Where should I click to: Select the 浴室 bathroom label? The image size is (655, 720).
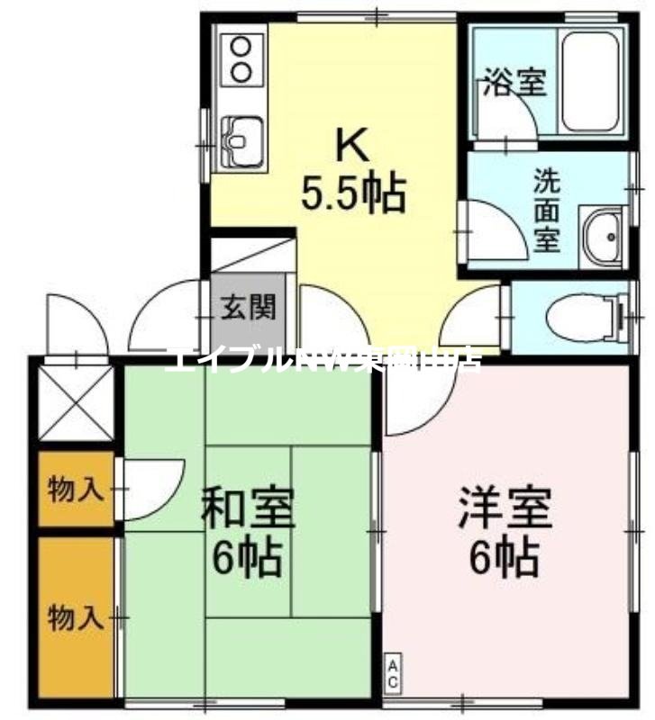514,83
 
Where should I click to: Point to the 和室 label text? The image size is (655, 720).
246,508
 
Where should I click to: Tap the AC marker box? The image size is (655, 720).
394,675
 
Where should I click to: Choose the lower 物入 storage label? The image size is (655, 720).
75,618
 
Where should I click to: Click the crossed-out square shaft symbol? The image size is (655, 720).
77,401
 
